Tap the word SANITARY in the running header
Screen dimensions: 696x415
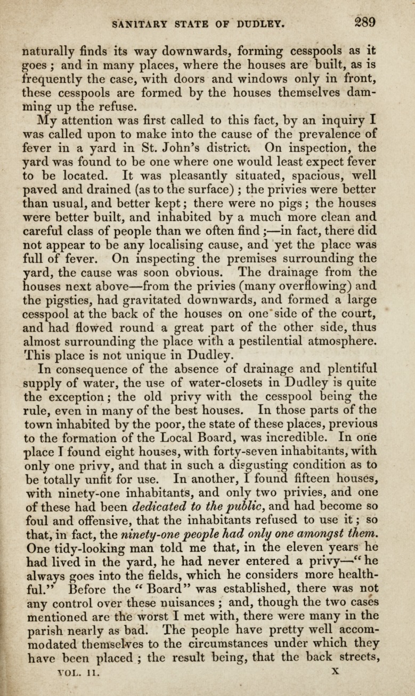139,24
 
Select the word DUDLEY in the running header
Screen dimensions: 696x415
262,24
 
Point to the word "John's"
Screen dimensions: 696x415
200,147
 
